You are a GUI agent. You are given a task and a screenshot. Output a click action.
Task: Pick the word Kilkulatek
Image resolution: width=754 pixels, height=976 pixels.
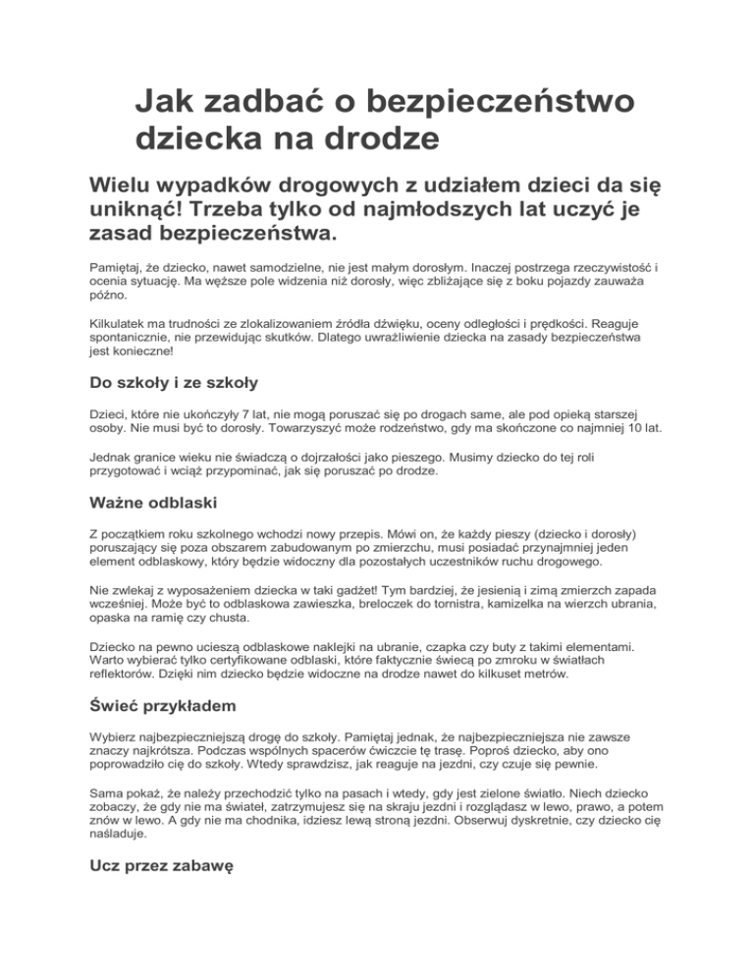[122, 322]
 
